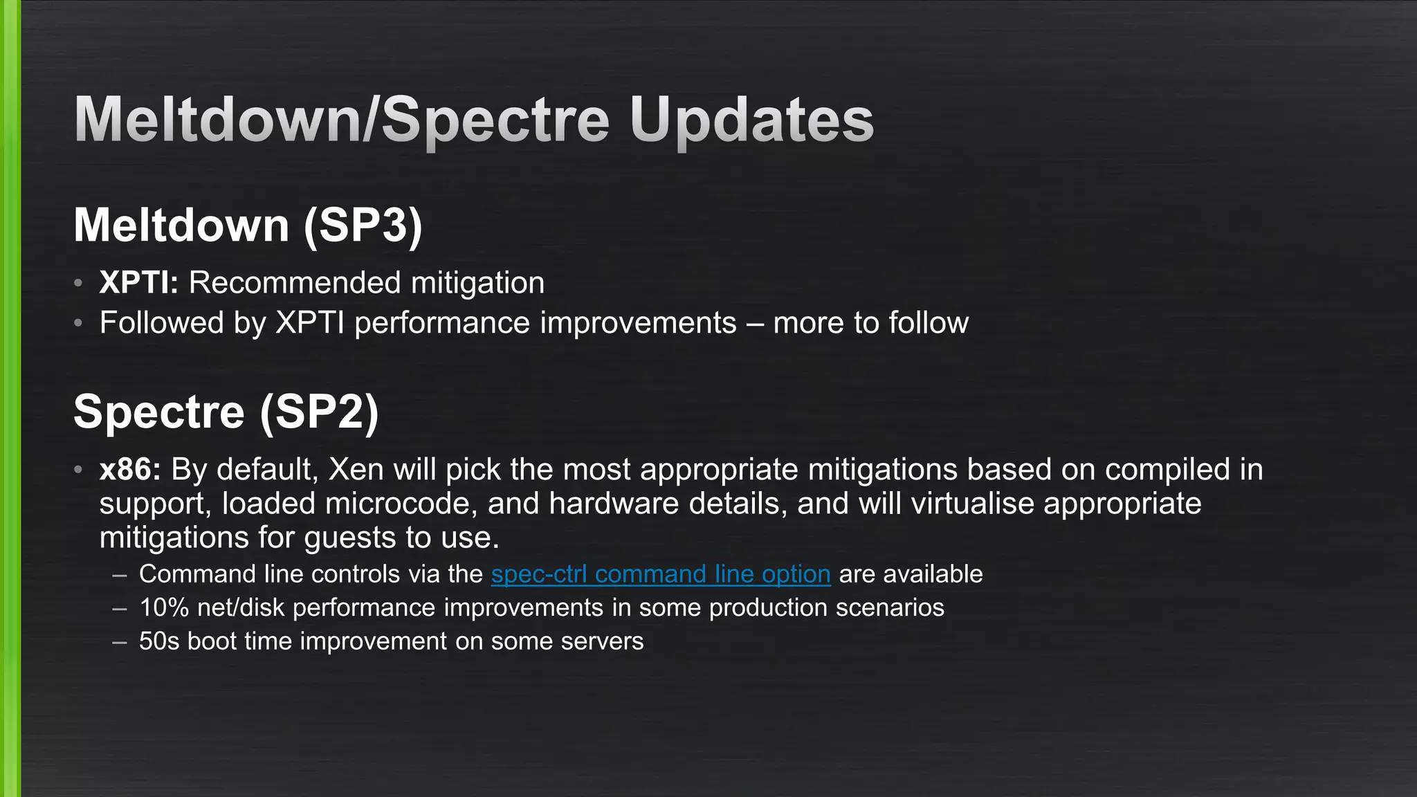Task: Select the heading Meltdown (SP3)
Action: click(248, 225)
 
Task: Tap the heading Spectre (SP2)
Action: click(226, 412)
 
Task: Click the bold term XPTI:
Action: click(138, 282)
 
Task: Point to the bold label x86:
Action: click(130, 469)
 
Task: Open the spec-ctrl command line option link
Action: click(660, 574)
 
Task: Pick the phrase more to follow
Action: click(870, 323)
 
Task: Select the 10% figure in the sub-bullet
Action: click(164, 607)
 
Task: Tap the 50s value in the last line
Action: click(159, 641)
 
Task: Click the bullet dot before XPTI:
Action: click(79, 283)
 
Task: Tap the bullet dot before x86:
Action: click(79, 470)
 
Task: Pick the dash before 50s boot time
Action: click(120, 641)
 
